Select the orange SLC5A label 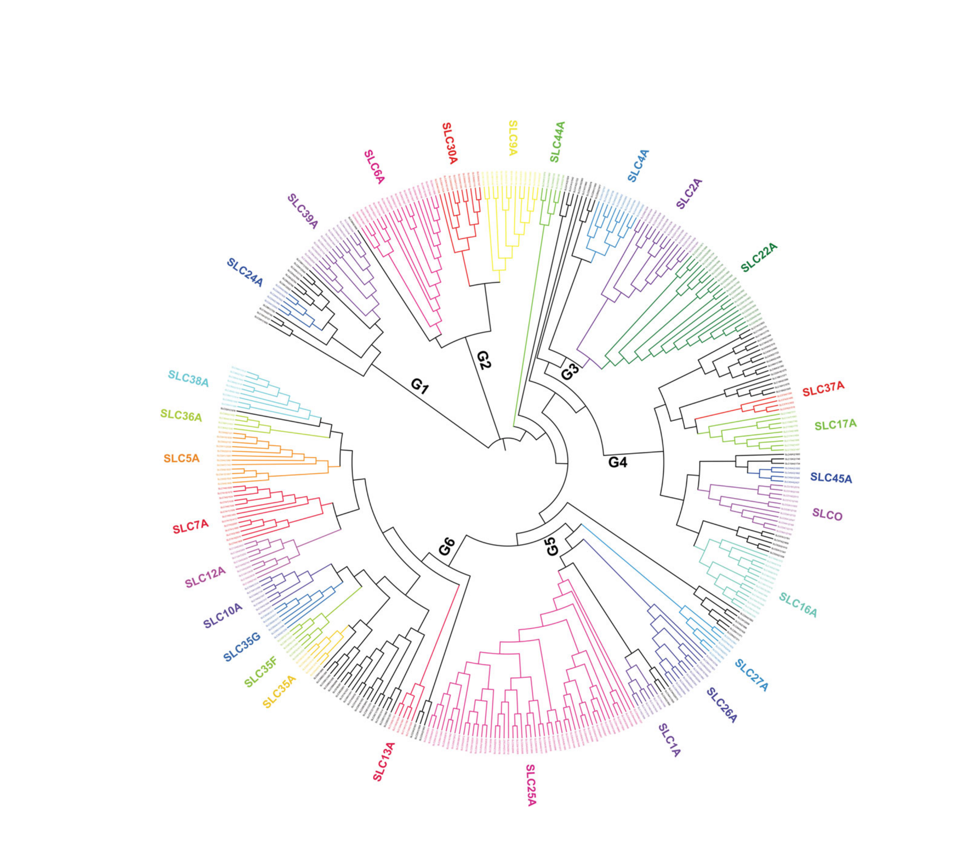[x=181, y=459]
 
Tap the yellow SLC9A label [x=512, y=138]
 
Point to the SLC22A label [x=759, y=257]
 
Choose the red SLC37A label [x=823, y=389]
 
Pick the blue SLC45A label [x=831, y=478]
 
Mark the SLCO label [x=827, y=515]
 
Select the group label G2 [x=483, y=360]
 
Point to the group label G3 [x=570, y=371]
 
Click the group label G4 [x=618, y=462]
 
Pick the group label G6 [x=447, y=547]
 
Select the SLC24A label [x=244, y=272]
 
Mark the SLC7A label [x=191, y=526]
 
